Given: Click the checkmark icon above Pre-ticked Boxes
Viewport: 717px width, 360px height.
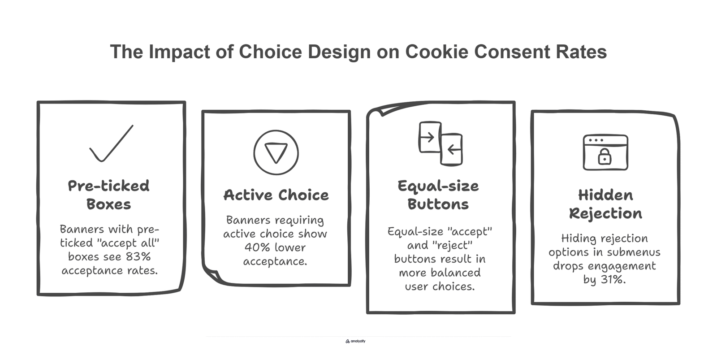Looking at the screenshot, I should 111,143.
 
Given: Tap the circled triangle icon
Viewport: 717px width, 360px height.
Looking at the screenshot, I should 276,152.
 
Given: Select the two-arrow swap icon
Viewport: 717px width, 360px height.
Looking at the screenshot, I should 441,143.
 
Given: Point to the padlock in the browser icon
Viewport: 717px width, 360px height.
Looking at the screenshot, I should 605,156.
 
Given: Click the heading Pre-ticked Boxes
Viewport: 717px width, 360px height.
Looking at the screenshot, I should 109,195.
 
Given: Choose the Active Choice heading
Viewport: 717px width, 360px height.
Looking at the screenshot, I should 276,195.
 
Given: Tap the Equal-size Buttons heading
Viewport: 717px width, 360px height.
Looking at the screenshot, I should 438,195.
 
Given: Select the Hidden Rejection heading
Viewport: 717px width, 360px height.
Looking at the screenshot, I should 605,204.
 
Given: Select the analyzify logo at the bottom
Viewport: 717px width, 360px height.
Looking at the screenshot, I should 355,341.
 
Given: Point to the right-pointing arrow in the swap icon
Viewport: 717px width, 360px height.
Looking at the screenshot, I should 428,137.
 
